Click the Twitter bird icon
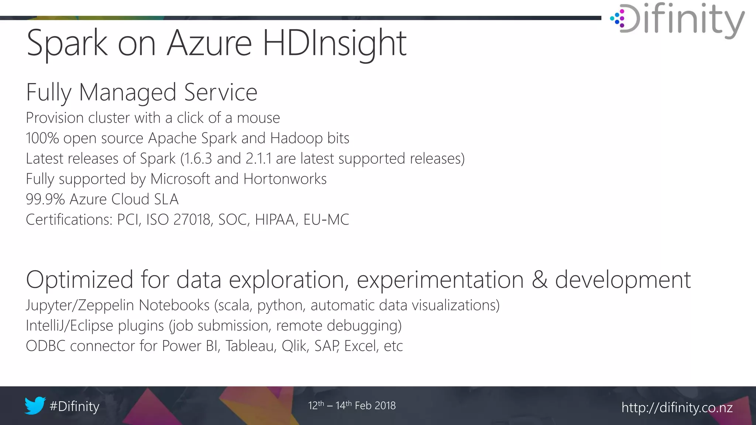(35, 405)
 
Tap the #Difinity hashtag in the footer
(74, 406)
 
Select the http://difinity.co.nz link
(677, 407)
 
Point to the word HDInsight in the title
(334, 44)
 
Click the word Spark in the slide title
(67, 44)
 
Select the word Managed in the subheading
(127, 92)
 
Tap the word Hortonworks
(285, 179)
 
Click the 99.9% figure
(45, 199)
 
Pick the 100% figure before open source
(42, 138)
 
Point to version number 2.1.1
(258, 159)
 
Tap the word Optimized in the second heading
(79, 280)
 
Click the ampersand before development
(539, 280)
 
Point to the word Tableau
(251, 346)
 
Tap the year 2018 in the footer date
(385, 405)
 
